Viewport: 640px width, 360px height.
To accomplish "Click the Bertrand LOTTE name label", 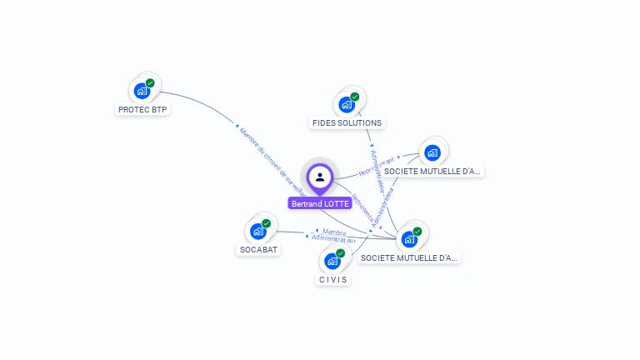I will tap(320, 203).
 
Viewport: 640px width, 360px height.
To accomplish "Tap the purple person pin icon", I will tap(320, 177).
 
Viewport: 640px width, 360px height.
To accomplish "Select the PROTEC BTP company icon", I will tap(142, 91).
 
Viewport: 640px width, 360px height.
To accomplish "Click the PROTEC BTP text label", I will tap(142, 109).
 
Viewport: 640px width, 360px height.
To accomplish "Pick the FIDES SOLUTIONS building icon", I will tap(347, 105).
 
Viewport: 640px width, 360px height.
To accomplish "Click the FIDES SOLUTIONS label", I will tap(347, 123).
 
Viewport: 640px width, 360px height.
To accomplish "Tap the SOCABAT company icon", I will tap(258, 231).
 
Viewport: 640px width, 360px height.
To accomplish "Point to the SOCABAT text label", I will tap(258, 249).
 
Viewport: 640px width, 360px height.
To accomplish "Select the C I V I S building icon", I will tap(332, 261).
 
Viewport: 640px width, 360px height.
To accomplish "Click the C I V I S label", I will tap(332, 279).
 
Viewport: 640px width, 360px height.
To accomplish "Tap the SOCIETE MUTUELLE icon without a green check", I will tap(432, 152).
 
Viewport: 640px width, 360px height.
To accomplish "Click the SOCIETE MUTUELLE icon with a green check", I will tap(409, 239).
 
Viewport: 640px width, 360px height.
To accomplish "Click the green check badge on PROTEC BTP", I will tap(150, 82).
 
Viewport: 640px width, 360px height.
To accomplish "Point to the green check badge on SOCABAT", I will tap(267, 223).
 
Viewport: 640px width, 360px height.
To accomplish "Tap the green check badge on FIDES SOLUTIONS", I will tap(354, 97).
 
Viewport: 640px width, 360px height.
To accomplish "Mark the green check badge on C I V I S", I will tap(340, 252).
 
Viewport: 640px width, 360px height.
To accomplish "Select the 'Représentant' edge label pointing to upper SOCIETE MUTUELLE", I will tap(377, 167).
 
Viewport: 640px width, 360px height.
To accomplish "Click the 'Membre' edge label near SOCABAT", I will tap(333, 232).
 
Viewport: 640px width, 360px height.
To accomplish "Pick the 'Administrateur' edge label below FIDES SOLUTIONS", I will tap(377, 170).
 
